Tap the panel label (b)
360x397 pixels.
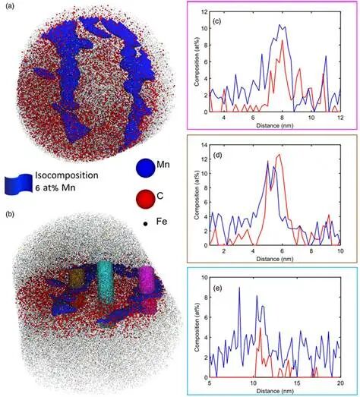(11, 215)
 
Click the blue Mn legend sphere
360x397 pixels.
(145, 168)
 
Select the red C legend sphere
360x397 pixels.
(145, 200)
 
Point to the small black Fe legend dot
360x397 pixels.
(145, 224)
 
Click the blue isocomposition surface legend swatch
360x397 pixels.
(18, 184)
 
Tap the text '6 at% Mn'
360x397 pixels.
(55, 187)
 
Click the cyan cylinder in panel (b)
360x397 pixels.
(106, 282)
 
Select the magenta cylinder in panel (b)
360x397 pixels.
(147, 279)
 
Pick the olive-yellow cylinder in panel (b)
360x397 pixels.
(77, 278)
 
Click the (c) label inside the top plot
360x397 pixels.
(216, 21)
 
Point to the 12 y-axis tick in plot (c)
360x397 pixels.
(204, 11)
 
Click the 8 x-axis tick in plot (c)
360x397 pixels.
(283, 118)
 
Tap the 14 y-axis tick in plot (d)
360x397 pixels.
(204, 145)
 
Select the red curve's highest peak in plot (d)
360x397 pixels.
(279, 154)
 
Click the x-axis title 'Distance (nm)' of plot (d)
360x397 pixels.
(275, 259)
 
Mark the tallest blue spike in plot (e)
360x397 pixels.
(239, 288)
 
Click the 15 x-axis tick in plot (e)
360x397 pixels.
(297, 383)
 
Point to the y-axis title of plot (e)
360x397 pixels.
(197, 327)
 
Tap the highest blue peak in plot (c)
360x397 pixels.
(279, 25)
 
